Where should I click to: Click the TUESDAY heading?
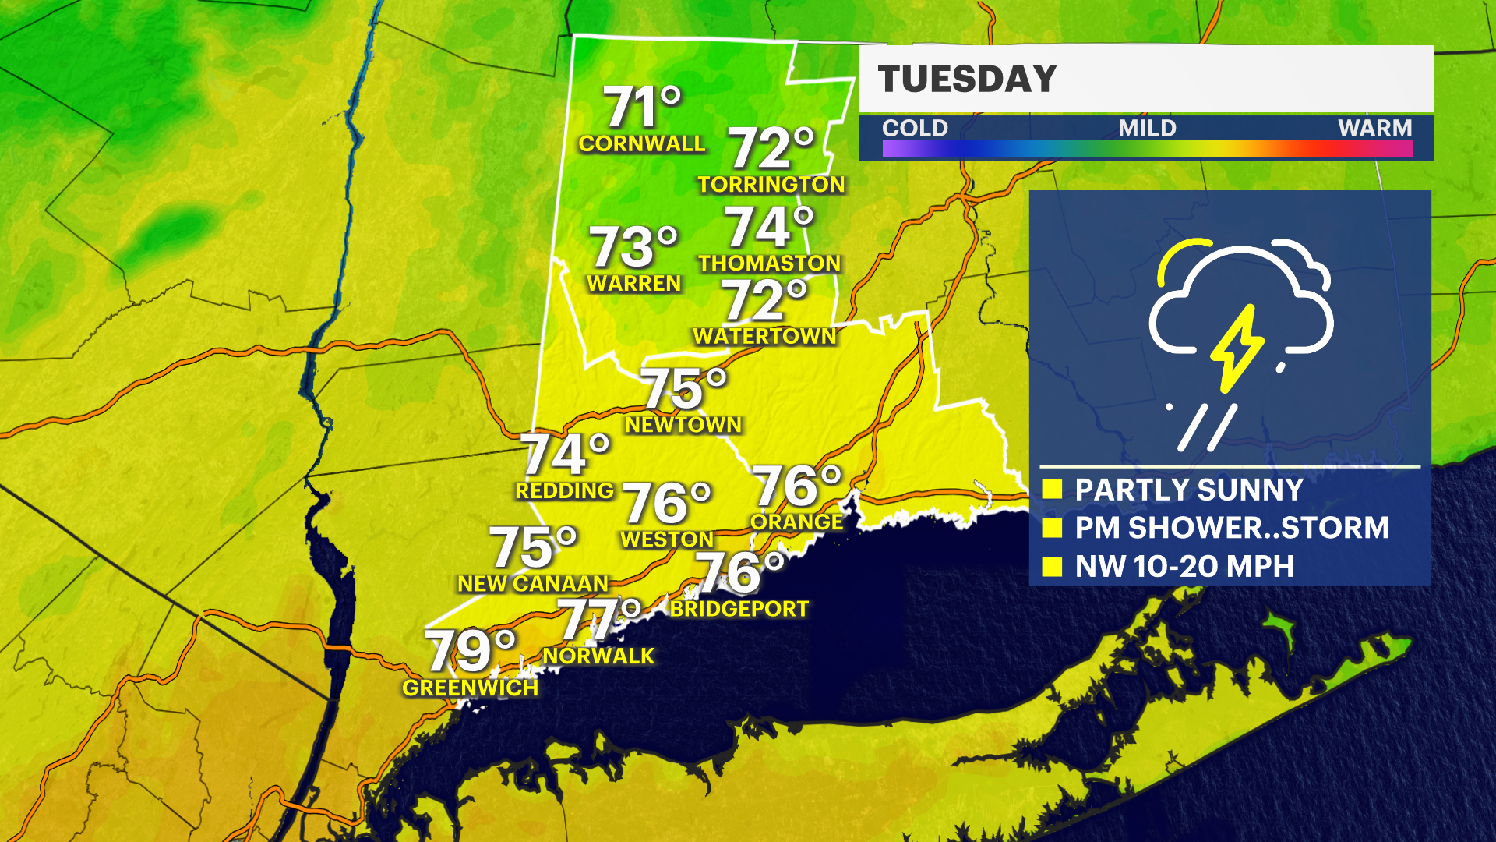coord(967,80)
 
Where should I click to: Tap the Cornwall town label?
coord(641,144)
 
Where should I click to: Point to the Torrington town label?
coord(771,185)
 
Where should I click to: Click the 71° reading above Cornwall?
coord(642,107)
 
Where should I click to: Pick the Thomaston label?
coord(769,264)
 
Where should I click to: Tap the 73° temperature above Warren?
coord(633,247)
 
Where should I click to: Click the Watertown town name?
coord(764,336)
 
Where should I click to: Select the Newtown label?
coord(683,425)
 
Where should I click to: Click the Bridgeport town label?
coord(739,609)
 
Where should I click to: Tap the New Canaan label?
coord(532,584)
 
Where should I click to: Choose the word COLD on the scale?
coord(915,128)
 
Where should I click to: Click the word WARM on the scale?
coord(1374,128)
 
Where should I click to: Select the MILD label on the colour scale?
coord(1147,128)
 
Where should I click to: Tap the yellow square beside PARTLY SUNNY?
coord(1053,490)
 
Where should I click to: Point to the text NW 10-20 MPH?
coord(1184,567)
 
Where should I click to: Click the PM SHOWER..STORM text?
coord(1232,528)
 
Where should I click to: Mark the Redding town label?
coord(565,491)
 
